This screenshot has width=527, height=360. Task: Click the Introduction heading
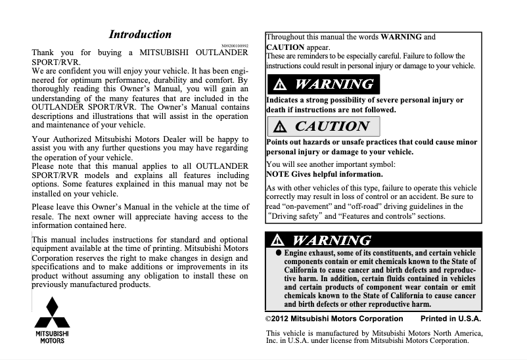140,35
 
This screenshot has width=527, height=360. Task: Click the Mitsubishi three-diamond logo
52,313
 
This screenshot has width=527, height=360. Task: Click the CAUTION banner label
332,126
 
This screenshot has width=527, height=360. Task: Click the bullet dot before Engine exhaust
278,252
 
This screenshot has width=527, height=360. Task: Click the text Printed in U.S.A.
451,319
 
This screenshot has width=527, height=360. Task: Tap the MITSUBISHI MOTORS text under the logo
52,337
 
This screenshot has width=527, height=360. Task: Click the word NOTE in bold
279,174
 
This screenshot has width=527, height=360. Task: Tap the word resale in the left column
43,216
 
